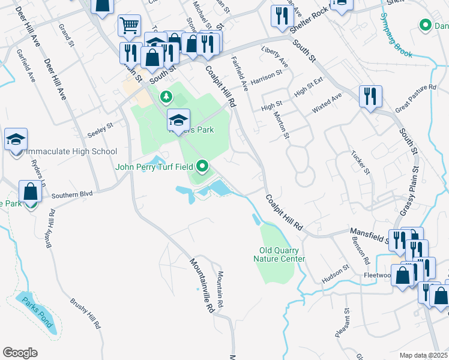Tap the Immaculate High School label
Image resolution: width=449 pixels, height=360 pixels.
(x=71, y=151)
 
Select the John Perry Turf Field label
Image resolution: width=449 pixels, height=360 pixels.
(x=155, y=167)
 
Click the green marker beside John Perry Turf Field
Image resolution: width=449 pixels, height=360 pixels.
(x=203, y=166)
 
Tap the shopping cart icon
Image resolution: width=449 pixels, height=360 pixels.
(x=128, y=25)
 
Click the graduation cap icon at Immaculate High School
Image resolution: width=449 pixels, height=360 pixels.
(x=16, y=140)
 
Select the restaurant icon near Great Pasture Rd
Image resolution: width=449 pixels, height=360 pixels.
(x=370, y=95)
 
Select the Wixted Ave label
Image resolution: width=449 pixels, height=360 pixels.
(x=326, y=103)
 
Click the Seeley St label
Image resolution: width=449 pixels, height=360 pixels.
(x=100, y=127)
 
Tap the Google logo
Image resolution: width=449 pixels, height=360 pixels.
(x=20, y=353)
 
